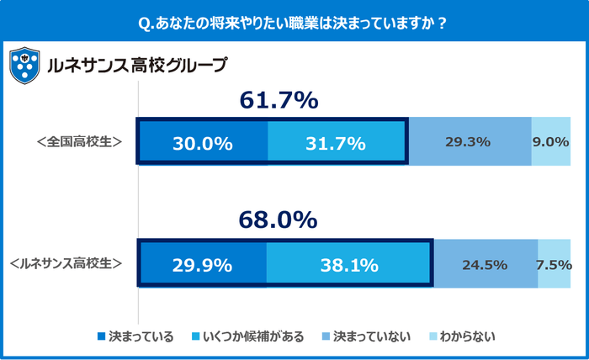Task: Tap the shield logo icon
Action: coord(24,65)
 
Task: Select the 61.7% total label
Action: coord(279,101)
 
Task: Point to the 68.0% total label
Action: coord(279,220)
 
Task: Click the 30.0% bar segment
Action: coord(203,142)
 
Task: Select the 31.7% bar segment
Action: coord(337,142)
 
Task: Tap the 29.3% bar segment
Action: coord(470,142)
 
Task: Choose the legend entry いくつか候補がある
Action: coord(249,336)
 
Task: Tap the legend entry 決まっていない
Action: coord(371,336)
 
